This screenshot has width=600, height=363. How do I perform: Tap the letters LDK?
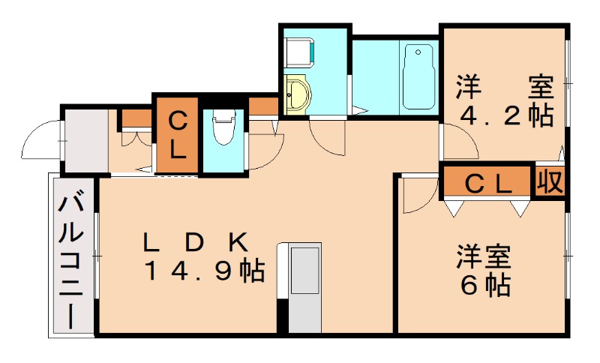click(196, 242)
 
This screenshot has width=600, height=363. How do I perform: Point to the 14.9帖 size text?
click(204, 270)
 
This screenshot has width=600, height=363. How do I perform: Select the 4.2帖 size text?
click(505, 115)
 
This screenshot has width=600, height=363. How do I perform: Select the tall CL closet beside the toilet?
click(177, 134)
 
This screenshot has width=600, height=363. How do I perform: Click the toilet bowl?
click(223, 129)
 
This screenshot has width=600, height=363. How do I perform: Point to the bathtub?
click(418, 76)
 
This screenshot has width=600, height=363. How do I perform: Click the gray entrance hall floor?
click(84, 141)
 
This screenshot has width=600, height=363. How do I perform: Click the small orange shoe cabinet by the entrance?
click(136, 118)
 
